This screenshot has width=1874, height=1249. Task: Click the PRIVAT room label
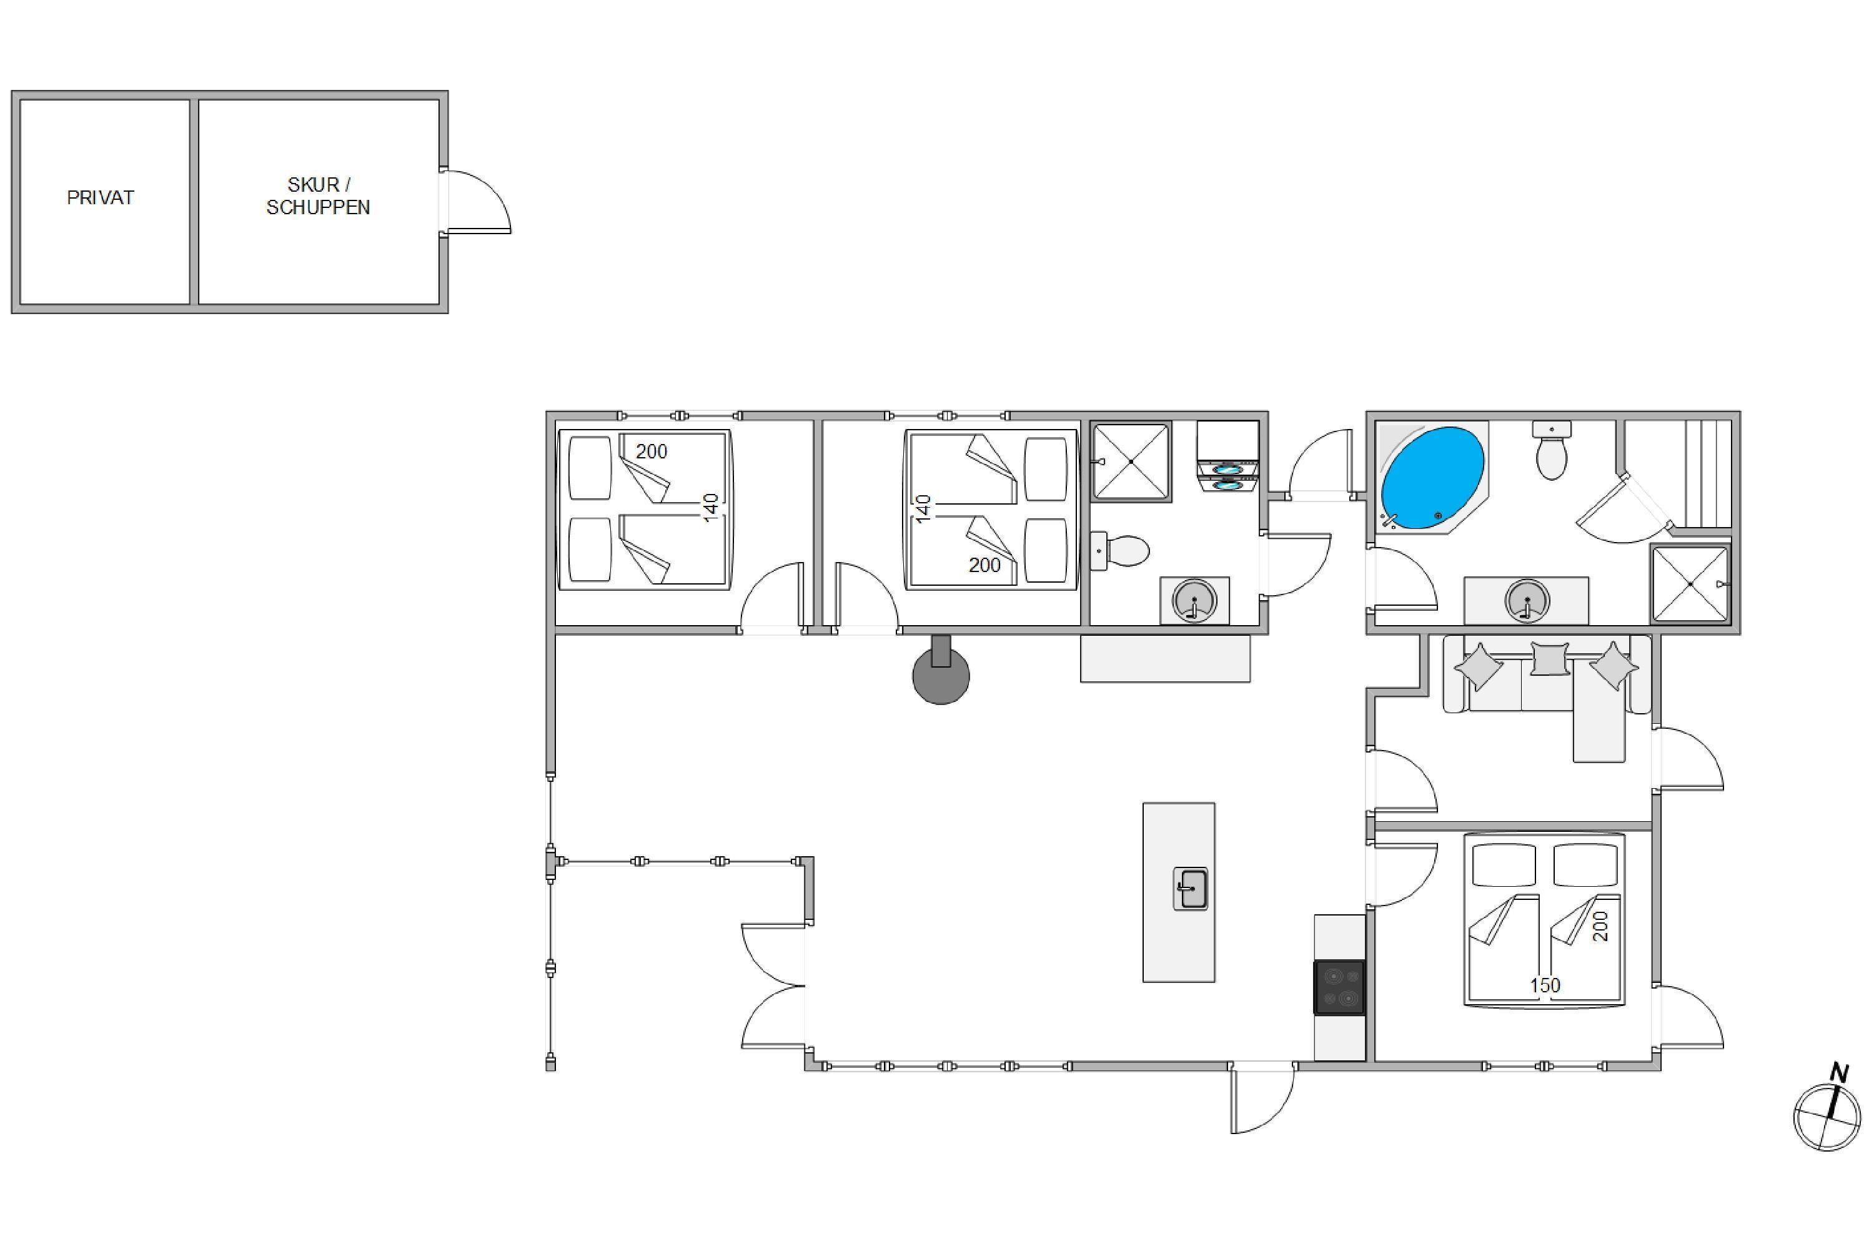click(101, 197)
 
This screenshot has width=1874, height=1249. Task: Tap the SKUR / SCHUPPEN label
click(318, 196)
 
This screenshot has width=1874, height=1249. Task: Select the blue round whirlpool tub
click(1432, 478)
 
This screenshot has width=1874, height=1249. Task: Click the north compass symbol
click(1828, 1109)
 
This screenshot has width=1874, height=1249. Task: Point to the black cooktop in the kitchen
click(1339, 988)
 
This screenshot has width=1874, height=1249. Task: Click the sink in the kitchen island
click(1191, 889)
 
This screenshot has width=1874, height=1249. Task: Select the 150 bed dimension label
click(1545, 985)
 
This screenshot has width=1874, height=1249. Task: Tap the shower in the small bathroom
click(1131, 462)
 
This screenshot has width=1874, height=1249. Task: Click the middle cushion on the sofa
click(1550, 659)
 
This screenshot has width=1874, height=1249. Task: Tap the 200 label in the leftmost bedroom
click(652, 452)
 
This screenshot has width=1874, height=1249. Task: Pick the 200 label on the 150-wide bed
click(1600, 926)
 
